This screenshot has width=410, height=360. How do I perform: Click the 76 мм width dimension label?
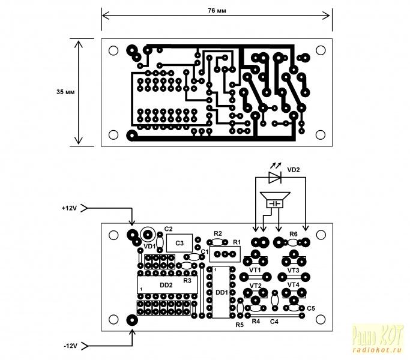(217, 11)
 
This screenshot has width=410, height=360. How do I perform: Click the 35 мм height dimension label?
(65, 92)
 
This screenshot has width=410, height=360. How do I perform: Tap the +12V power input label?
(69, 208)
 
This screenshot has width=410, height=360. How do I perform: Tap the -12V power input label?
(71, 346)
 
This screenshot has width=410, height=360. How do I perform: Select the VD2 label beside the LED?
(294, 170)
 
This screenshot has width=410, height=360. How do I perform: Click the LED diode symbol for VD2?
(275, 177)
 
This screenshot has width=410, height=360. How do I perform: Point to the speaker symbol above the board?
(275, 200)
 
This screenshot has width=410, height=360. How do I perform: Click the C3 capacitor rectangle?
(179, 243)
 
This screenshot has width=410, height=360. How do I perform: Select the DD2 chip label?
(166, 285)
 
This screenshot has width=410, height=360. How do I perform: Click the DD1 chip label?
(222, 293)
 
